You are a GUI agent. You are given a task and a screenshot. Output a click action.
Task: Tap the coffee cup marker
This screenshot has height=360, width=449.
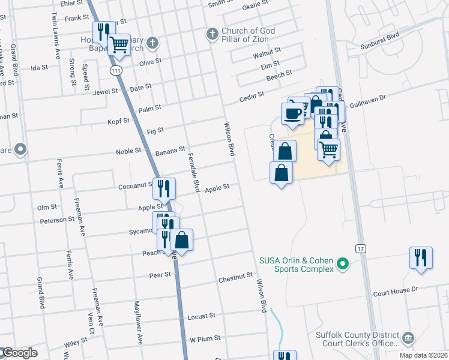click(293, 113)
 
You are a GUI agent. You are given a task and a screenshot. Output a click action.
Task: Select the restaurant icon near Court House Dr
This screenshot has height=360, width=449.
click(421, 258)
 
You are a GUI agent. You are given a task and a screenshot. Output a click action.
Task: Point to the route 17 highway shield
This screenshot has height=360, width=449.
click(360, 248)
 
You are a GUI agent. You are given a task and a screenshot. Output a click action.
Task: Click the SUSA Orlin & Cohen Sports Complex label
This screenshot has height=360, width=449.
click(296, 265)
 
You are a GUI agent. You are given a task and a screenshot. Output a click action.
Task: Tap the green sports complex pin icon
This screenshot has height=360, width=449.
click(343, 263)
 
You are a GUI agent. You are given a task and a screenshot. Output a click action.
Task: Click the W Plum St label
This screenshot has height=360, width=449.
click(205, 339)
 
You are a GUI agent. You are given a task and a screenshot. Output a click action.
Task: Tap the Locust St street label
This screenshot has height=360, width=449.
click(202, 316)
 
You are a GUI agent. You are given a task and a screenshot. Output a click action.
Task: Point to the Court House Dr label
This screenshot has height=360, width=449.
click(395, 290)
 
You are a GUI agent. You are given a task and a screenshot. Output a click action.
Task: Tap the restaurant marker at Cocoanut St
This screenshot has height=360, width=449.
click(164, 189)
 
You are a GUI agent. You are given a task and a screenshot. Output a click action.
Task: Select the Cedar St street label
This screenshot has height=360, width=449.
click(252, 95)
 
